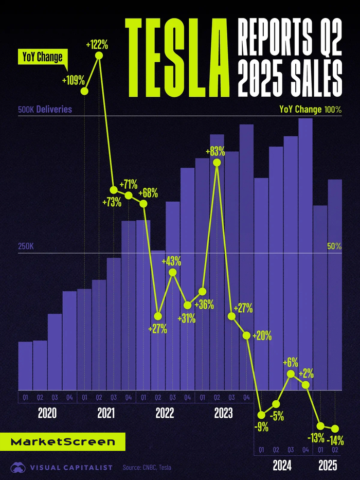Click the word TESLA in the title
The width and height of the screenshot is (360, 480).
coord(177,55)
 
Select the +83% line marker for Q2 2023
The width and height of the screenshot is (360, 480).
coord(217,163)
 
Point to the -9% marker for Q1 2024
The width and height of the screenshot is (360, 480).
coord(261,415)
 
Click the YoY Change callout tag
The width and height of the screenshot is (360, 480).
coord(41,57)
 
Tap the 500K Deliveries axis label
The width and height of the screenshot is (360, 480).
coord(45,110)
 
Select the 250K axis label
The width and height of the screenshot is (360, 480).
coord(26,246)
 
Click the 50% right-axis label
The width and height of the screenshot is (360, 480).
coord(334,246)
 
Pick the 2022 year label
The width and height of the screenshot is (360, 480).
coord(165,413)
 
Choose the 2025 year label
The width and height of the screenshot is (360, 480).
coord(328,466)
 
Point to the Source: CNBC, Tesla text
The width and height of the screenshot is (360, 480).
coord(147,468)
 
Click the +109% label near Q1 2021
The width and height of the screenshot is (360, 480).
coord(73,80)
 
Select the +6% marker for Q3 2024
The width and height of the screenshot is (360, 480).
coord(291,374)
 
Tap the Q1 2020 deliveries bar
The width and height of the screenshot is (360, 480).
coord(25,365)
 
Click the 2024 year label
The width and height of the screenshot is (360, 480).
coord(283,466)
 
